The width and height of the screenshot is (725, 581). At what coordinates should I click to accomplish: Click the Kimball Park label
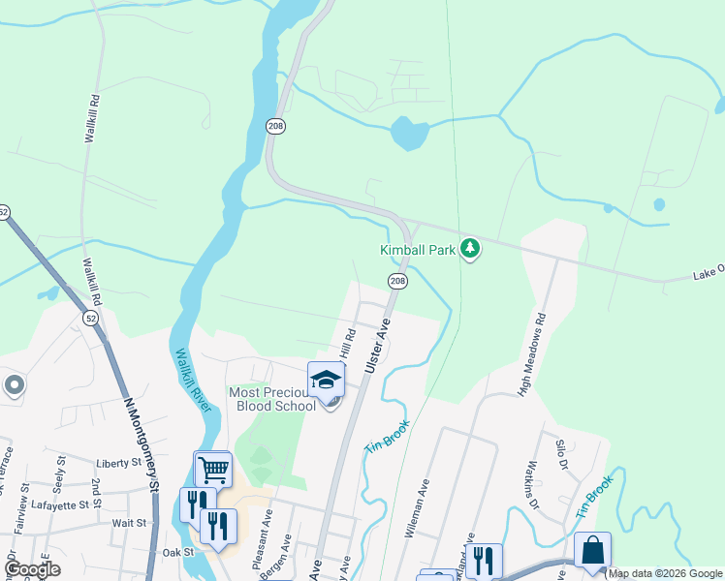(x=417, y=250)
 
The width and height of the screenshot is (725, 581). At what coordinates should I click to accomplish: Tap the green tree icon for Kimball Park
(x=470, y=249)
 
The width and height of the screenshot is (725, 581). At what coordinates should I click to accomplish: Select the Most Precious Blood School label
(x=272, y=399)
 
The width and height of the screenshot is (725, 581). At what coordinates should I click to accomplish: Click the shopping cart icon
(x=213, y=471)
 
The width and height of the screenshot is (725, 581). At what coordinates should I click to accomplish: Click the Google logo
(x=32, y=569)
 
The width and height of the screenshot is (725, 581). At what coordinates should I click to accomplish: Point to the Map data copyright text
(x=665, y=574)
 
